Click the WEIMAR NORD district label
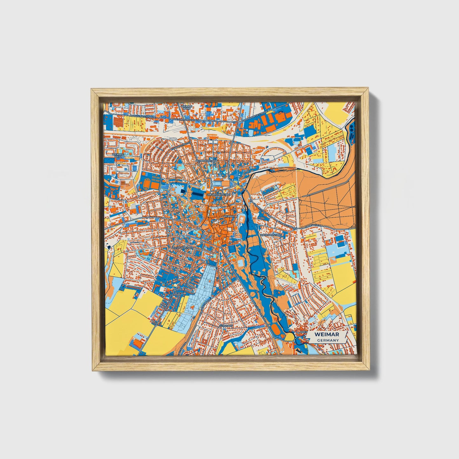(186, 107)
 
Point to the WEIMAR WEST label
(118, 156)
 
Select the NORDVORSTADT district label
(206, 161)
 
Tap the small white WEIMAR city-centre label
(229, 216)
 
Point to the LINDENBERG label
(312, 226)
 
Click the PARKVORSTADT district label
(271, 235)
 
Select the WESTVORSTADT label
(182, 248)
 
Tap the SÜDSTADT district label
(226, 326)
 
